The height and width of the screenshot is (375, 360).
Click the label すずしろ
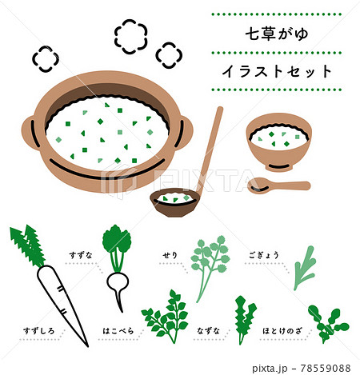point(28,328)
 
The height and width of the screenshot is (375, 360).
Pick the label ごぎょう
point(261,255)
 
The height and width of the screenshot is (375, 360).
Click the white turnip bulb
point(118,283)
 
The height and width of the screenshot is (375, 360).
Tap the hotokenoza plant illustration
point(326,322)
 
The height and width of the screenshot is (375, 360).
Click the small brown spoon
point(276,186)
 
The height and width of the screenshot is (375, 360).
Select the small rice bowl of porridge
point(278,142)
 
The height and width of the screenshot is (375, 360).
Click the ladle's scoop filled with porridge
point(175,202)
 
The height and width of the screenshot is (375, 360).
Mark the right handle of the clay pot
point(184,131)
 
